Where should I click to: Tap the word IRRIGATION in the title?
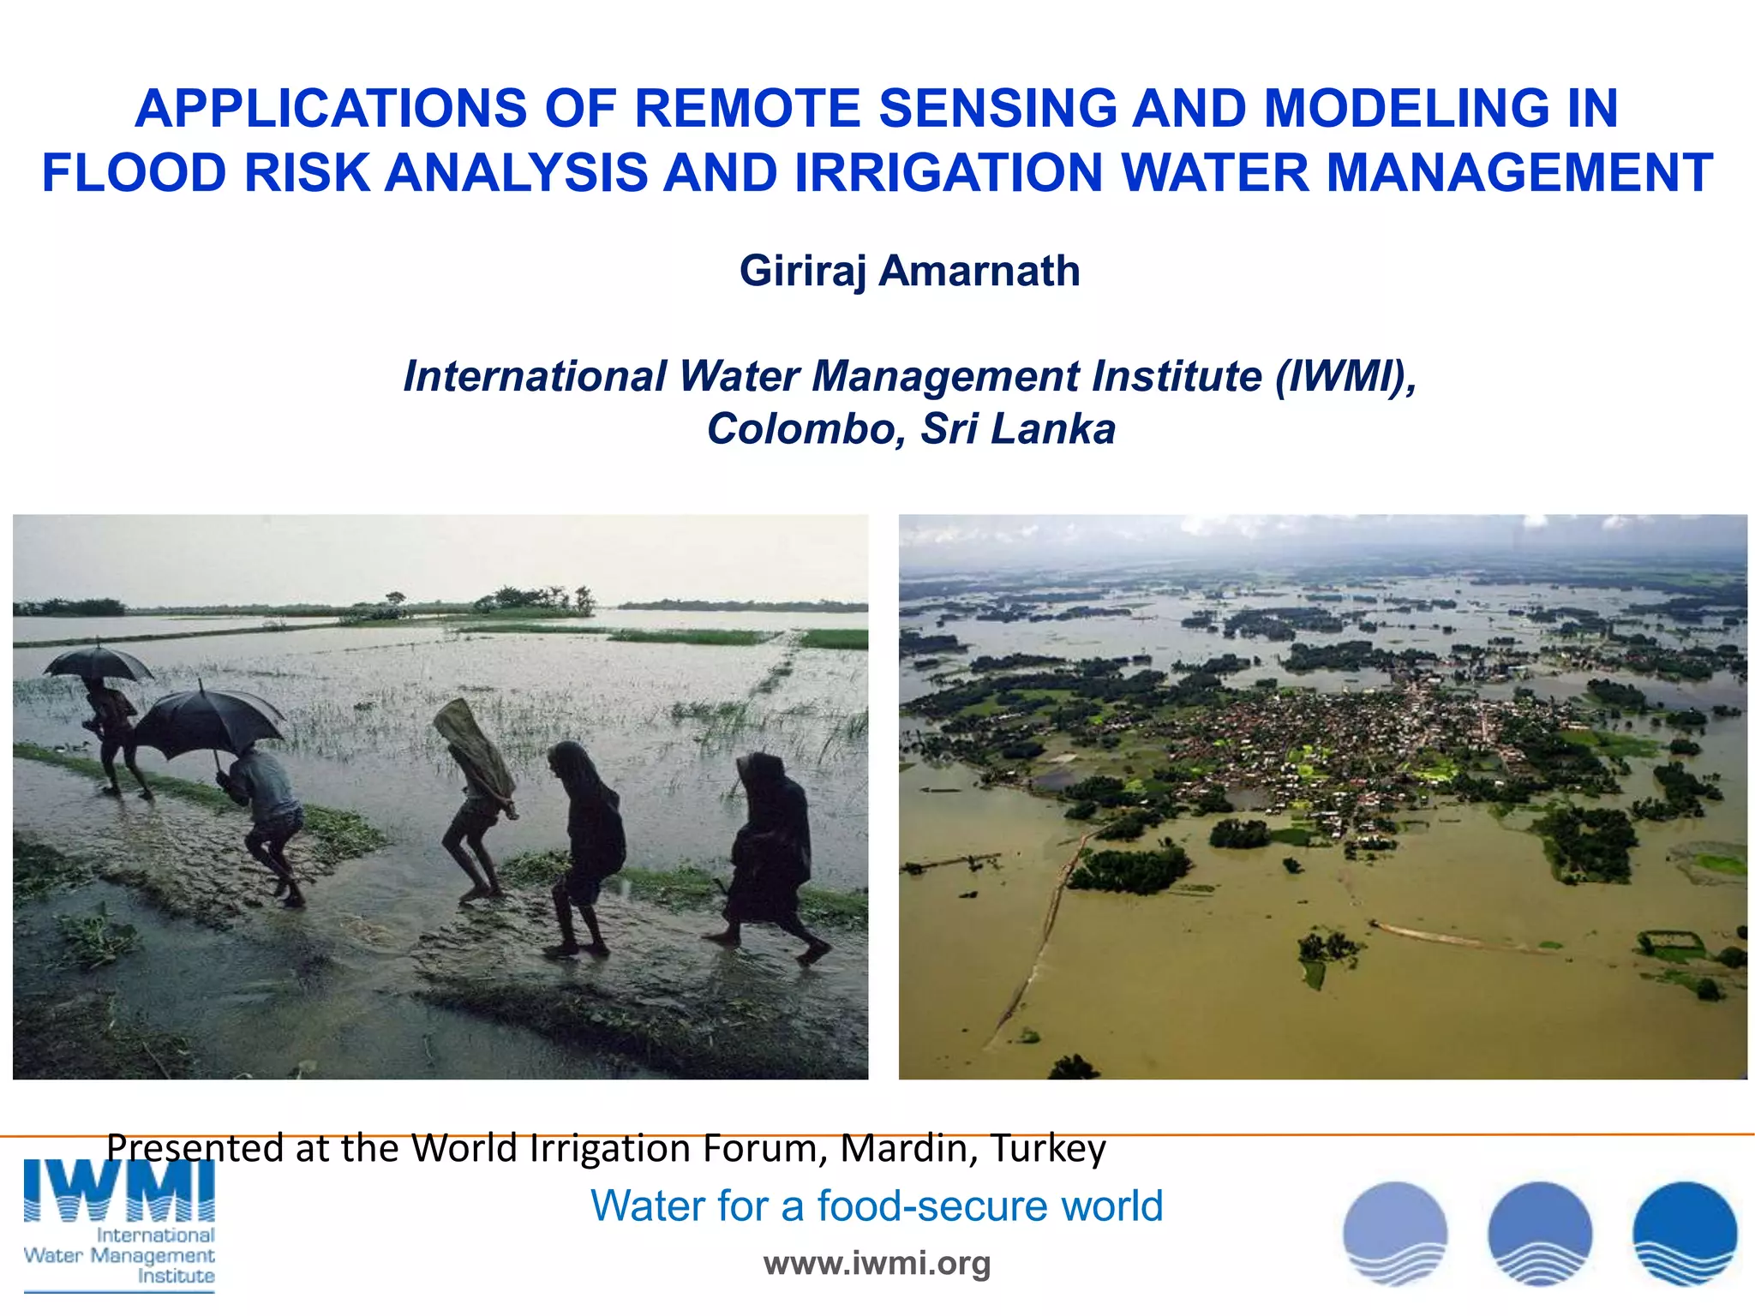point(949,172)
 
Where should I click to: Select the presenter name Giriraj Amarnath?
point(909,271)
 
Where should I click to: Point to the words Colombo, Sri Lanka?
point(911,428)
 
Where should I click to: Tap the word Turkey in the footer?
point(1047,1148)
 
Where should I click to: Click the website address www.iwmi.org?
point(877,1263)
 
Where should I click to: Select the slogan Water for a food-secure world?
point(877,1205)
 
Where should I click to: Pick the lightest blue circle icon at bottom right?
point(1395,1233)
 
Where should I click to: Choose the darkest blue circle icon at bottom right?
point(1684,1233)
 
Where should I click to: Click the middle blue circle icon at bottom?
point(1540,1233)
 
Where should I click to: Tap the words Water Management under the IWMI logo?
point(119,1255)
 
